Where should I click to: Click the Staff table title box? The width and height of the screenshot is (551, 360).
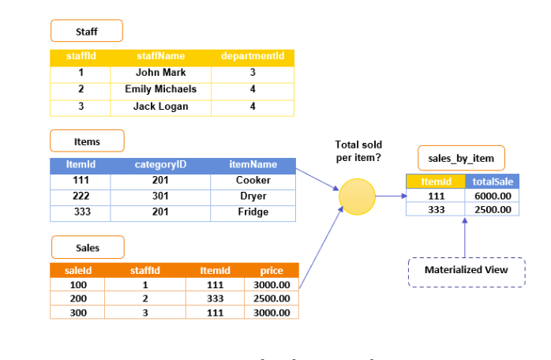click(87, 31)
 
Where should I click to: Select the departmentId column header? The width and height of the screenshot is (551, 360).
click(252, 56)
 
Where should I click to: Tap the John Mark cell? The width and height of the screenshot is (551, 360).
click(160, 73)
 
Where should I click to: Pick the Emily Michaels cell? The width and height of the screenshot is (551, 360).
click(160, 89)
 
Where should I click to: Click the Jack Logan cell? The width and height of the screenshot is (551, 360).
click(160, 107)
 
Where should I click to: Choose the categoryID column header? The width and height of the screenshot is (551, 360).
click(160, 165)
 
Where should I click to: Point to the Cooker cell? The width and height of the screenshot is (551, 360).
click(253, 181)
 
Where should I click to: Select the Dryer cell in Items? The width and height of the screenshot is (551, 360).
click(253, 197)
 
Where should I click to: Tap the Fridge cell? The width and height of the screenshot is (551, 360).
click(253, 212)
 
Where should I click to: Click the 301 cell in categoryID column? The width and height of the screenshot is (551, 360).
click(160, 197)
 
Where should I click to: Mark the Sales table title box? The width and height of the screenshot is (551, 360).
click(88, 247)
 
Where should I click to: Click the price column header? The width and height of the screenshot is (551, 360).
click(272, 270)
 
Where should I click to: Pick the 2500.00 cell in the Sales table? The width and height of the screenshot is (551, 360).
click(272, 298)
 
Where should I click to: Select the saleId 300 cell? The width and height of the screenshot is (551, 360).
click(78, 313)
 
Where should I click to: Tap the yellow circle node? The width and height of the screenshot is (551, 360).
click(357, 196)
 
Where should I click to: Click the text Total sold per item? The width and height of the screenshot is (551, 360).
click(358, 151)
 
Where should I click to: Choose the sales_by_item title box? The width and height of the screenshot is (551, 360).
click(461, 158)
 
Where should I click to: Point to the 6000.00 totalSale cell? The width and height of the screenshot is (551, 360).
click(493, 196)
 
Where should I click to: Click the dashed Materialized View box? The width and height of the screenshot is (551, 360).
click(465, 271)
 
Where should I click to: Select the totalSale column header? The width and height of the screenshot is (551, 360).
click(493, 182)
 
